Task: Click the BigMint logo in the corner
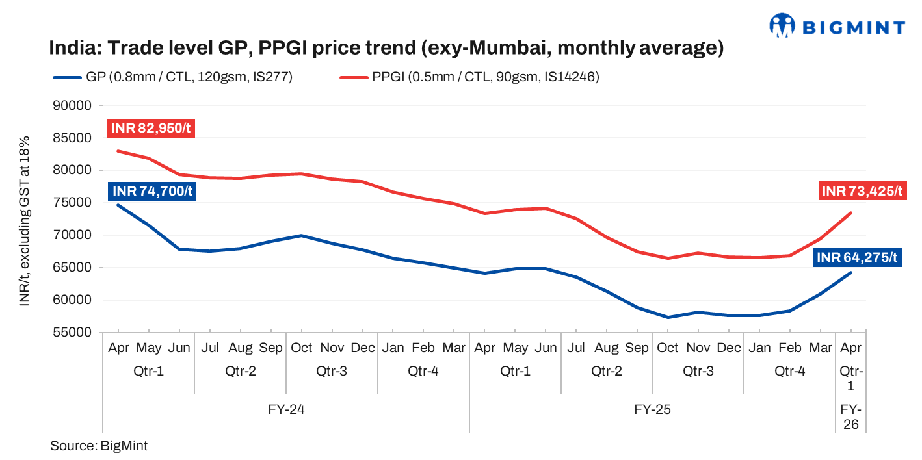coord(837,26)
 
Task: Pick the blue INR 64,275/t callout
coord(856,258)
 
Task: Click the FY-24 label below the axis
coord(286,410)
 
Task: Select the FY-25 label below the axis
coord(652,410)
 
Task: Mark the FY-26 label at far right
coord(851,417)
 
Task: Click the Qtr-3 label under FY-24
coord(332,372)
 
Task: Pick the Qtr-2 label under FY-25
coord(607,372)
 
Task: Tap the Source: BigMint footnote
coord(99,446)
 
